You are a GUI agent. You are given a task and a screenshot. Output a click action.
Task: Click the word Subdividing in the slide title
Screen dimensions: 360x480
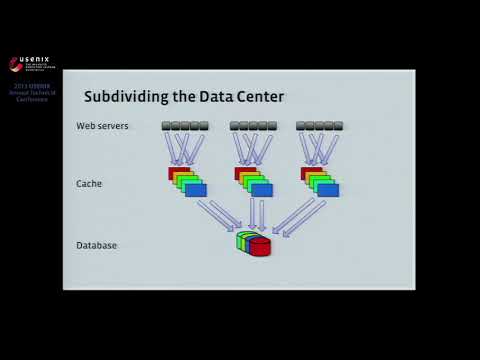121,97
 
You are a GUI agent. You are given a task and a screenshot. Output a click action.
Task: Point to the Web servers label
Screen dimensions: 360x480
103,126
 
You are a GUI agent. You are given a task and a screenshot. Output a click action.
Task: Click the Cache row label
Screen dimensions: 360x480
89,184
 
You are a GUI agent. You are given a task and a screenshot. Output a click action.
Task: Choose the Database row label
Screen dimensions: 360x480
96,245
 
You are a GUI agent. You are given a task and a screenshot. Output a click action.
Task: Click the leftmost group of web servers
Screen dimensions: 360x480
185,126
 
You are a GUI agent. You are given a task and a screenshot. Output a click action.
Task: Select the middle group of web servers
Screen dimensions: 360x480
253,126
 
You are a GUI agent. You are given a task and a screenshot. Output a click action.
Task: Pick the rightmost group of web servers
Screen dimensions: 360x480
319,126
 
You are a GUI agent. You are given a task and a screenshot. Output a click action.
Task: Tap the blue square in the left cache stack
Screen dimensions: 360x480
197,190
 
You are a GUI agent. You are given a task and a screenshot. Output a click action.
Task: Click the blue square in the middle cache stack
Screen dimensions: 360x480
263,190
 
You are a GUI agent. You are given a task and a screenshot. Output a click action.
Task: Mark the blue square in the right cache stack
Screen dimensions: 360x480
329,190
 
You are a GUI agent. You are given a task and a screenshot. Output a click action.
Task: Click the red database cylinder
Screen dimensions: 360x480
261,246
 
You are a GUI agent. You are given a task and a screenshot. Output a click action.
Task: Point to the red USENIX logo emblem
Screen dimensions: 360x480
14,64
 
